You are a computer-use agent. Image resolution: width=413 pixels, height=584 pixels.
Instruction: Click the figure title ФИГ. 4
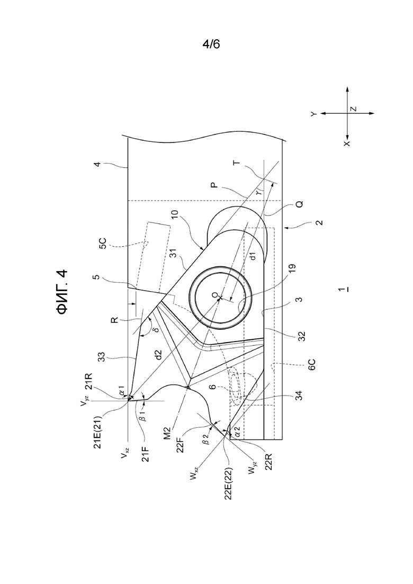pyautogui.click(x=62, y=292)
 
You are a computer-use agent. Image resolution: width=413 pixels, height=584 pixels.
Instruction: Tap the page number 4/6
pyautogui.click(x=211, y=44)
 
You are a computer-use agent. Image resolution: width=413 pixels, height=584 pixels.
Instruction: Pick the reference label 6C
pyautogui.click(x=312, y=364)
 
